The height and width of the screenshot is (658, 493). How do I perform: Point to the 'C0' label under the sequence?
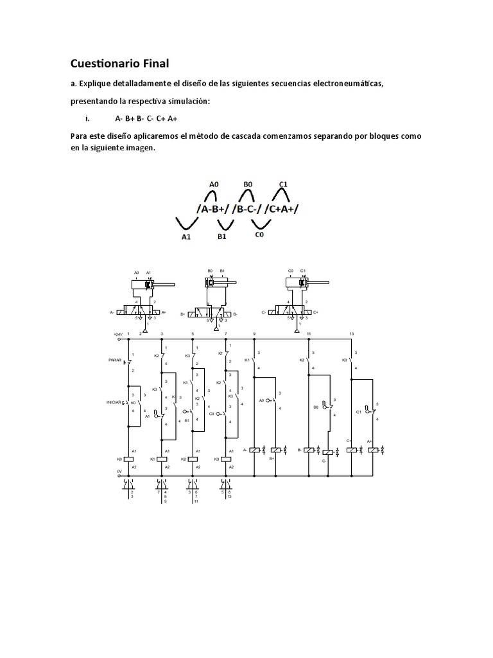tap(260, 236)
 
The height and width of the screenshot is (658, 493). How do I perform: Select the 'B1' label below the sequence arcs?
tap(223, 236)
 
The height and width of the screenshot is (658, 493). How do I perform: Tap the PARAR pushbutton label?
tap(115, 360)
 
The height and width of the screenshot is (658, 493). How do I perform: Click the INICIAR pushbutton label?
tap(114, 402)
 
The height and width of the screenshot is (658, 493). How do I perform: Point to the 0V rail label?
tap(119, 470)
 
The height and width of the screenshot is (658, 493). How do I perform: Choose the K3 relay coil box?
tap(226, 459)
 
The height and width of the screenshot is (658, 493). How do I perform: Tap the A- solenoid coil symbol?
tap(255, 450)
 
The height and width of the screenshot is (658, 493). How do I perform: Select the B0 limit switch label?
tap(315, 407)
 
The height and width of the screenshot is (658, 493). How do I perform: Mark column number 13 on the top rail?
tap(351, 333)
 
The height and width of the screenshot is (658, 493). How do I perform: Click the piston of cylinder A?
tap(149, 283)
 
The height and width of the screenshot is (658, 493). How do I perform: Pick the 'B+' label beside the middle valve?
tap(183, 314)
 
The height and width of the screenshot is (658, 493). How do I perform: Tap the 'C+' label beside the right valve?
tap(315, 313)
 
